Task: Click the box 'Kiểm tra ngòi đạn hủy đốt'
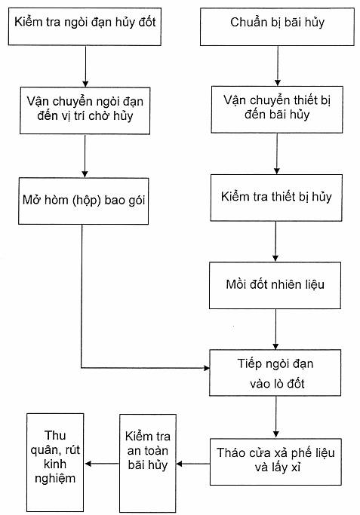coord(85,26)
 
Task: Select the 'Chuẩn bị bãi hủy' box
coord(277,26)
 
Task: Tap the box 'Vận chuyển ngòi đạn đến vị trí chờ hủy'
coord(85,111)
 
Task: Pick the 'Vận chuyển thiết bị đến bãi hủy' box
coord(277,109)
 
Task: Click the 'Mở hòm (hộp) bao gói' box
coord(84,201)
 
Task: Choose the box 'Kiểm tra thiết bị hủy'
coord(276,198)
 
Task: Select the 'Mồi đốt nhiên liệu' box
coord(275,286)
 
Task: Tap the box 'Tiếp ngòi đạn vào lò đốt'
coord(275,372)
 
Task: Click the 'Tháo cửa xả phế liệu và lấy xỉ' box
coord(275,461)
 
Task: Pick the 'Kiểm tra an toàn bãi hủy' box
coord(148,463)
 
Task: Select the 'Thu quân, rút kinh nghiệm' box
coord(55,462)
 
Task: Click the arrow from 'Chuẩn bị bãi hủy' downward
coord(278,66)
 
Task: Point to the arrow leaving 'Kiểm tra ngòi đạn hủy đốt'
coord(85,66)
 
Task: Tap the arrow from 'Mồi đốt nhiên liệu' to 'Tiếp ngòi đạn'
coord(275,329)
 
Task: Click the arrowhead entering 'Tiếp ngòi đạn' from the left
coord(207,368)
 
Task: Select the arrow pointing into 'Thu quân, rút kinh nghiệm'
coord(102,464)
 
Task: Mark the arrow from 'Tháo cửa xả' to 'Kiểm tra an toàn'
coord(193,464)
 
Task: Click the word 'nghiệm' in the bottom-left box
coord(55,479)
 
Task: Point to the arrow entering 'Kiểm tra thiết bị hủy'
coord(277,154)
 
